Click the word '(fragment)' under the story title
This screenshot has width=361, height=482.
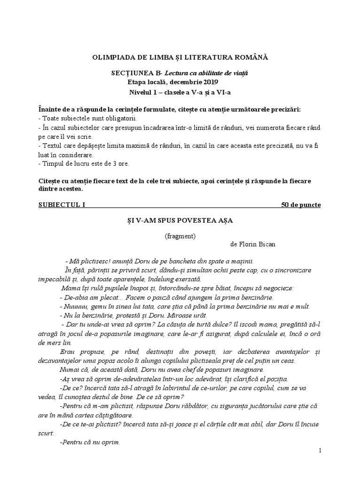[x=180, y=236]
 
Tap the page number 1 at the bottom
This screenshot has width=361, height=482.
[x=320, y=450]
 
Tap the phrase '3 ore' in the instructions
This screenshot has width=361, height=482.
[x=120, y=163]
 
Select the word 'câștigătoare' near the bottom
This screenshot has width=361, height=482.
[x=114, y=415]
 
